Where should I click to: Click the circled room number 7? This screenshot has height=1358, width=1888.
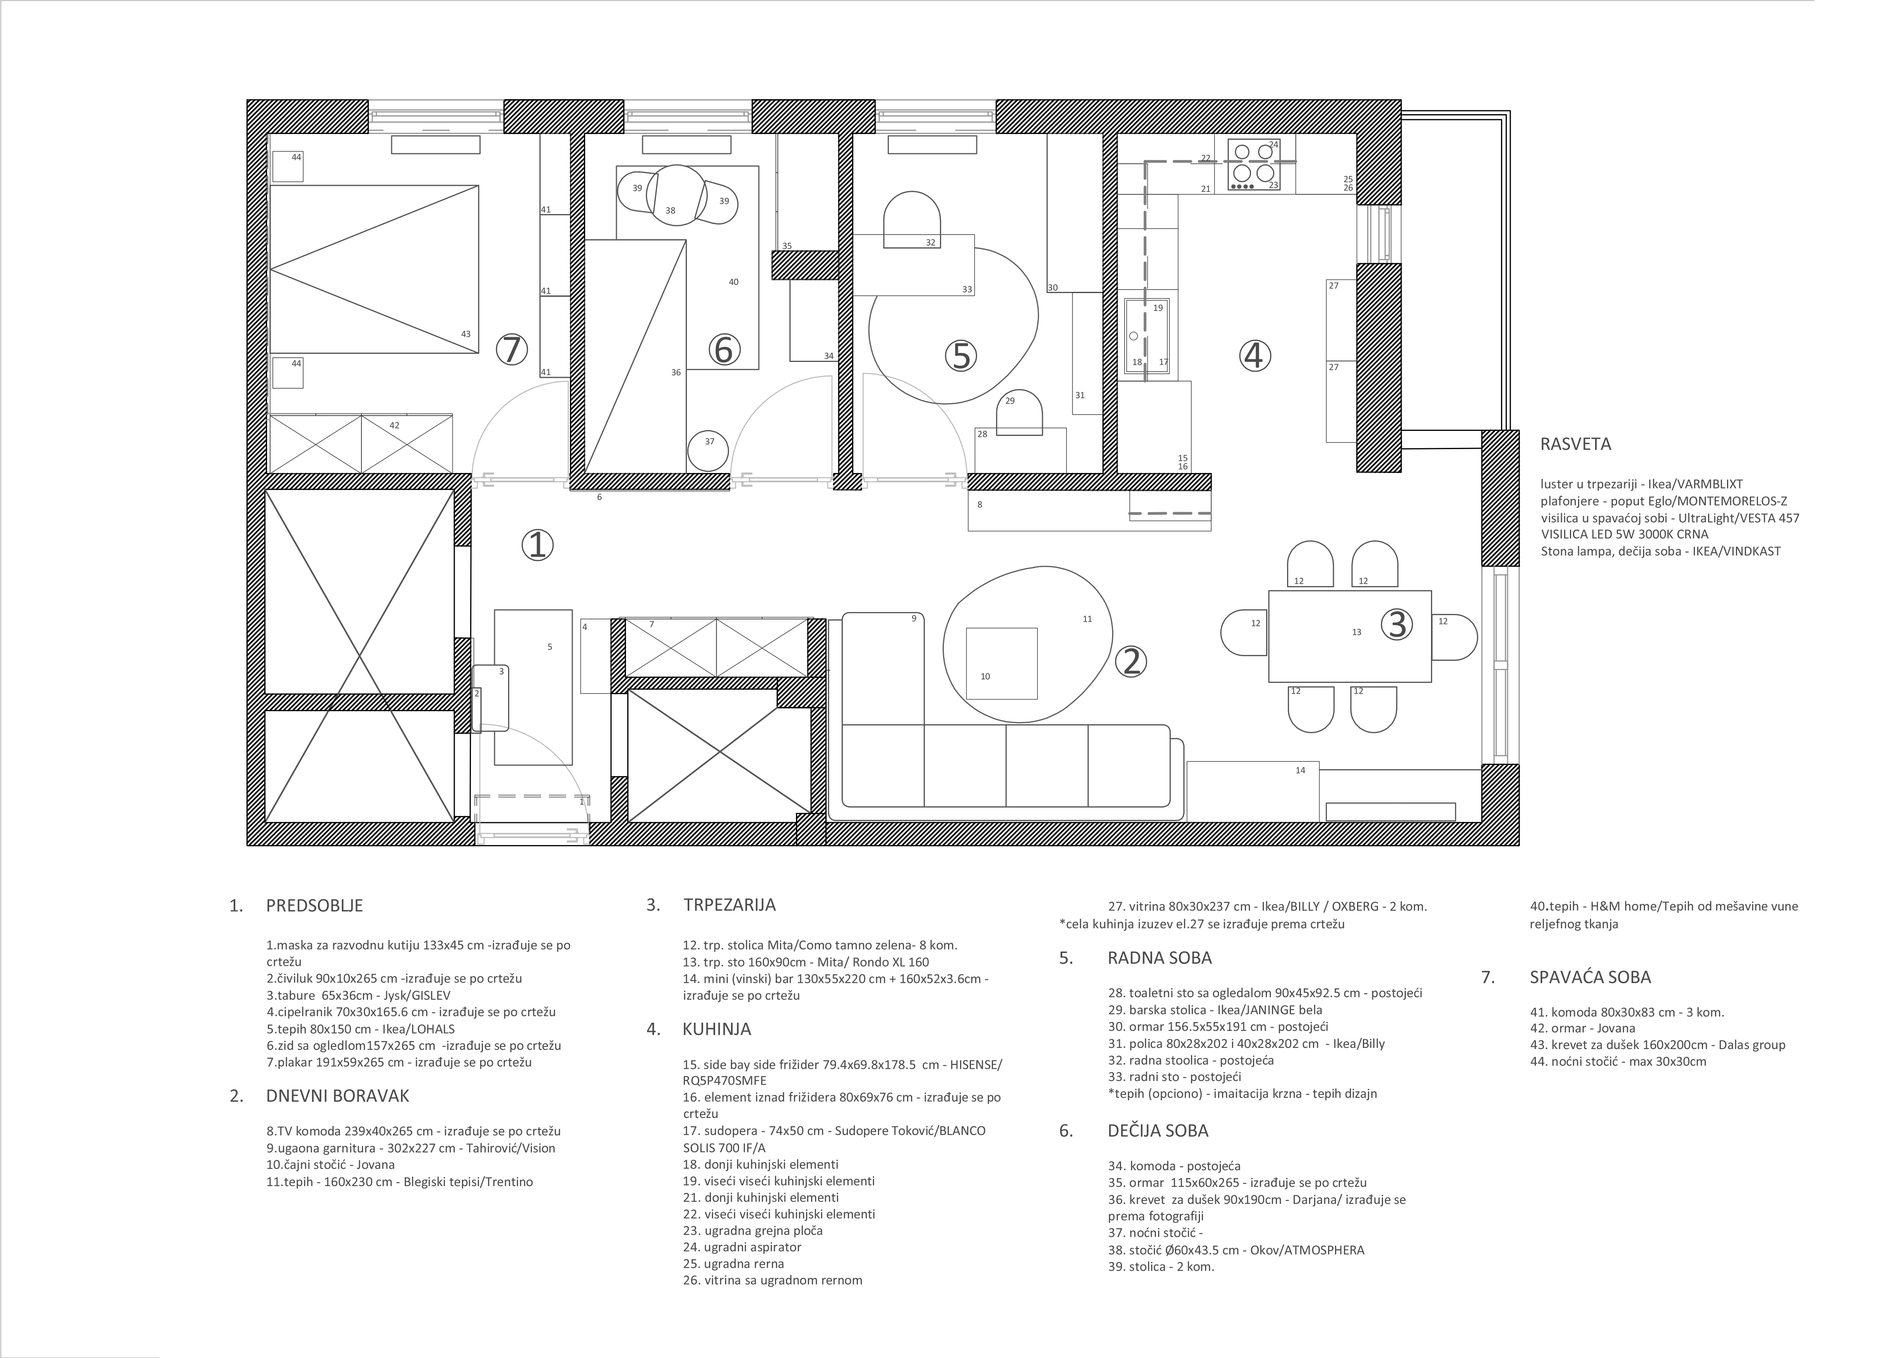pos(512,350)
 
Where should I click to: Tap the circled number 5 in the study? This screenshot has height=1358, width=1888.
pos(961,357)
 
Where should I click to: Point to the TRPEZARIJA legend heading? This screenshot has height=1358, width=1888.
pos(729,904)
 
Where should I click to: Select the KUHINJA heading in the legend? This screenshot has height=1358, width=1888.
pos(717,1029)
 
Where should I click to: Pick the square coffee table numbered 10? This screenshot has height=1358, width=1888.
pos(1001,664)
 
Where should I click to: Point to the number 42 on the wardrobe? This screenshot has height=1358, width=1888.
pos(395,425)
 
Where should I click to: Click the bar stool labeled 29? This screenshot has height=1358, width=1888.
pos(1020,412)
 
